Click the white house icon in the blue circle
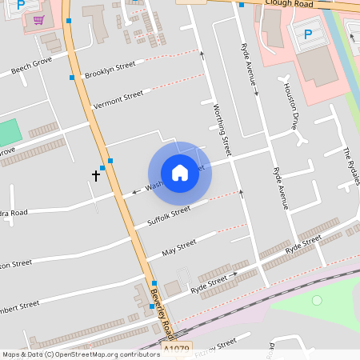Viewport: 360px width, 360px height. [x=180, y=173]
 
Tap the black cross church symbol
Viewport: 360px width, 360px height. [x=96, y=174]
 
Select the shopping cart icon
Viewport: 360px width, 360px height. [x=38, y=19]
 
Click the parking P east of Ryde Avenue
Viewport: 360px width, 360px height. [x=308, y=34]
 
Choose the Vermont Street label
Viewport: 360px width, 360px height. [x=118, y=100]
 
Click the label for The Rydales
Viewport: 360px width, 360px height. [x=351, y=166]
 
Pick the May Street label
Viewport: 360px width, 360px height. [x=179, y=247]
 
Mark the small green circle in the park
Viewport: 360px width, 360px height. [x=317, y=300]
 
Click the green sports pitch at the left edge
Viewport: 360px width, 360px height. [x=9, y=132]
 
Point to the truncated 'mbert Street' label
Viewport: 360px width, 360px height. [x=19, y=306]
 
